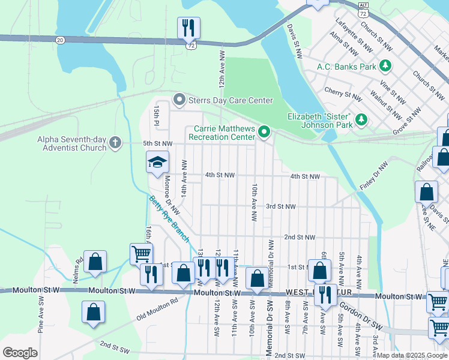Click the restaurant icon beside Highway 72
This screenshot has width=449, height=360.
tap(188, 28)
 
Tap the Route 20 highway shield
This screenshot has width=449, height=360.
tap(59, 40)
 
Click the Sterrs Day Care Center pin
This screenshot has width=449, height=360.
tap(178, 100)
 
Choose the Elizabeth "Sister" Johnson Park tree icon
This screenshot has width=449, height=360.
tap(361, 119)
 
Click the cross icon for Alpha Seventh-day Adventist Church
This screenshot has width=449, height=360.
tap(115, 143)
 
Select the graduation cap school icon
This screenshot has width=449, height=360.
tap(158, 162)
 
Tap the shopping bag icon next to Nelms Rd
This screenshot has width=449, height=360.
tap(95, 262)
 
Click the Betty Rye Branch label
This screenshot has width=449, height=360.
tap(169, 219)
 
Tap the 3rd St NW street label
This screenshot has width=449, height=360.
tap(281, 206)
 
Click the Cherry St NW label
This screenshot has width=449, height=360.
tap(343, 94)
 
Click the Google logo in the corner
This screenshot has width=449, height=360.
tap(20, 352)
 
